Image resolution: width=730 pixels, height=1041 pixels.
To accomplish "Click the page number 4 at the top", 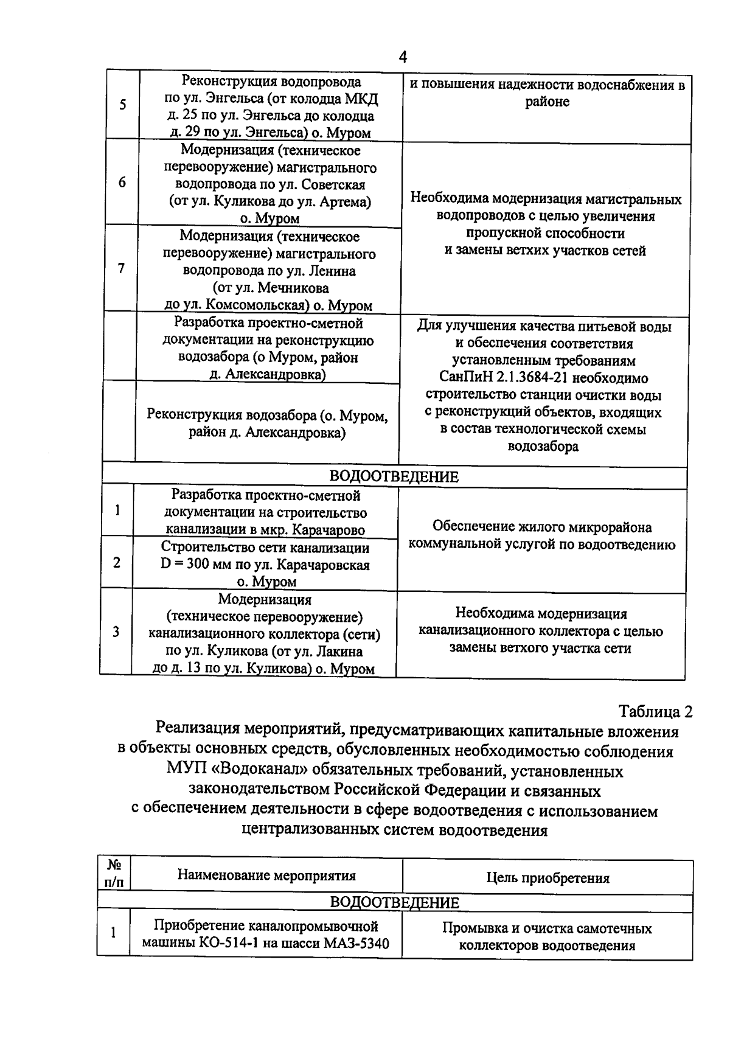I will (402, 58).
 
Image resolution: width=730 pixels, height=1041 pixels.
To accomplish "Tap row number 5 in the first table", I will (123, 105).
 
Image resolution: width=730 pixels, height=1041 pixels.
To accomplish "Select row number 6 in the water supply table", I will (122, 183).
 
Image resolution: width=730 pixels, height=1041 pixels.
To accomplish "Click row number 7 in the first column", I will (122, 268).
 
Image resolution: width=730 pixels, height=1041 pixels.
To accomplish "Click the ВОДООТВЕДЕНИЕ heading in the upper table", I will (394, 477).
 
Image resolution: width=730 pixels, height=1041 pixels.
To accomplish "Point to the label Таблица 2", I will (656, 711).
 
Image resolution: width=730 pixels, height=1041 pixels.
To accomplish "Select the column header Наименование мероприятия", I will (266, 876).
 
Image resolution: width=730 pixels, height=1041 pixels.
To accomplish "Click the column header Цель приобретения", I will (547, 877).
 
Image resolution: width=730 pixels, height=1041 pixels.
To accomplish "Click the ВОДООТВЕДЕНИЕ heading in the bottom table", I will (394, 902).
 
